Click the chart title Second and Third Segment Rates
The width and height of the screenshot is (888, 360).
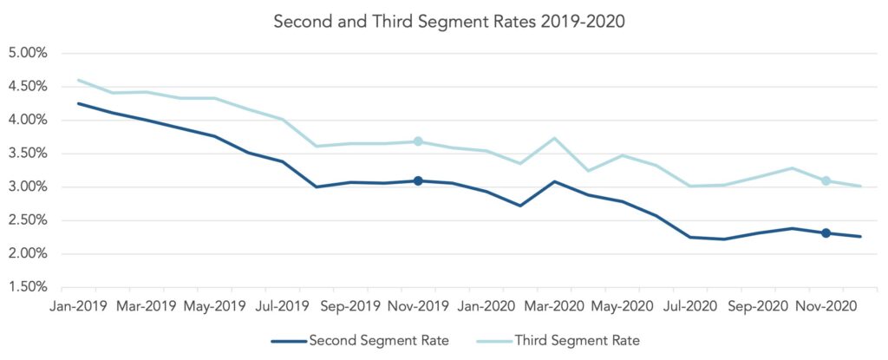pos(448,21)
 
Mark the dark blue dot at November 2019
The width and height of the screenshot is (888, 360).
pos(418,181)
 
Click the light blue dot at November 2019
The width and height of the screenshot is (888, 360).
pos(418,141)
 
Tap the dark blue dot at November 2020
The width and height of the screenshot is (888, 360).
pos(826,233)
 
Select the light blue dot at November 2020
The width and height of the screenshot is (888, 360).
pos(826,181)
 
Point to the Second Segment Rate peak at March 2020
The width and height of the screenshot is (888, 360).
pos(554,181)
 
